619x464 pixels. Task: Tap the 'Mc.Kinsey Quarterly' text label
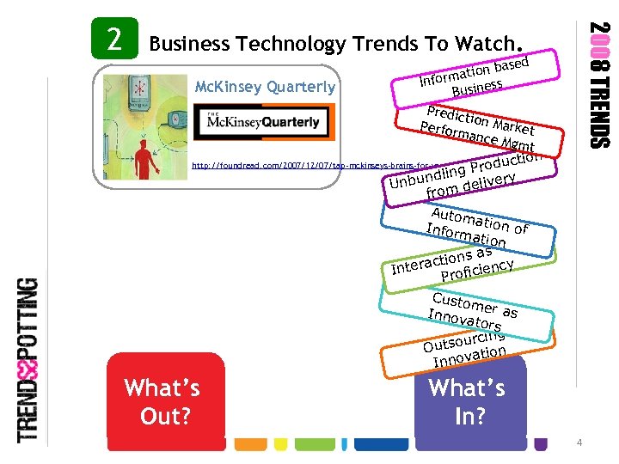pos(265,87)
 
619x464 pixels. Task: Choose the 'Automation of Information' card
pos(477,223)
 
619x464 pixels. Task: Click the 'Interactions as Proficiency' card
pos(456,261)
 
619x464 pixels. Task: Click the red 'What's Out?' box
pos(162,401)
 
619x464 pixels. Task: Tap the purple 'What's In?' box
pos(469,401)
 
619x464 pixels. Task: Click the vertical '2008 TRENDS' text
pos(599,84)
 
